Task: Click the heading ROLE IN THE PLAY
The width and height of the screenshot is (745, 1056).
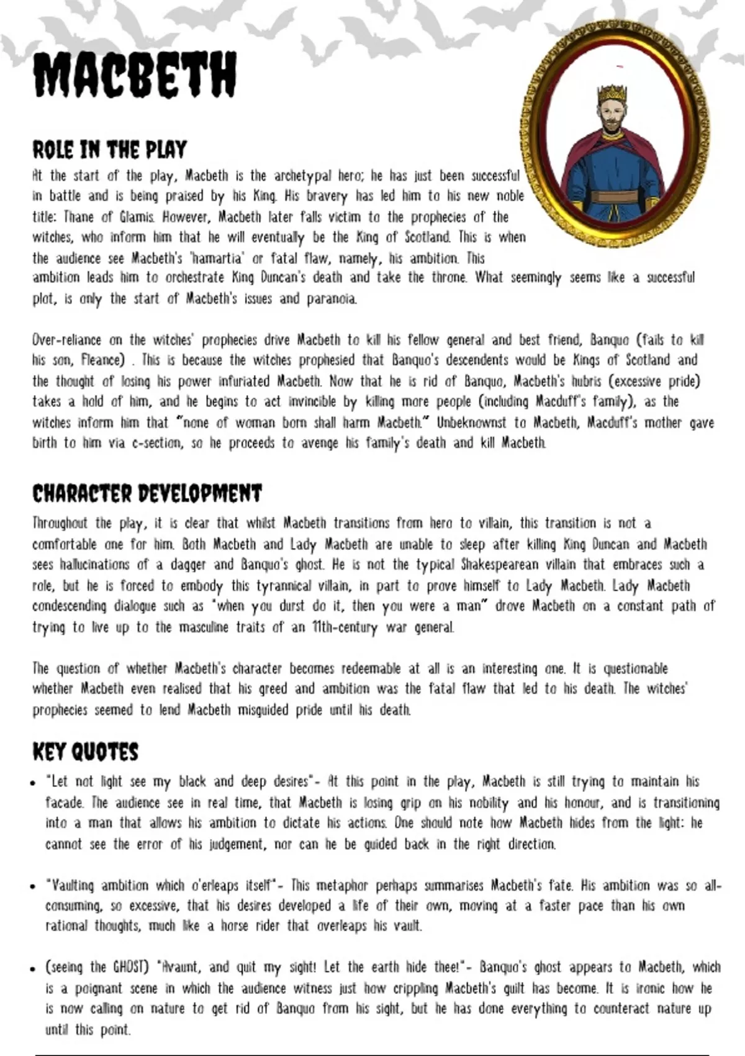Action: coord(109,150)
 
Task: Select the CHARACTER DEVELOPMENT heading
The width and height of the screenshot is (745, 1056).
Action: coord(147,494)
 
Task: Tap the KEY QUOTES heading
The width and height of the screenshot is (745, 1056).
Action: coord(85,752)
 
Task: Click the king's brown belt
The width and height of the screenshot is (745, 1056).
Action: coord(614,198)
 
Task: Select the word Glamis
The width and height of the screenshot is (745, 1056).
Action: coord(137,217)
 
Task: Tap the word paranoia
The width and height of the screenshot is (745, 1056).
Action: coord(332,299)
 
